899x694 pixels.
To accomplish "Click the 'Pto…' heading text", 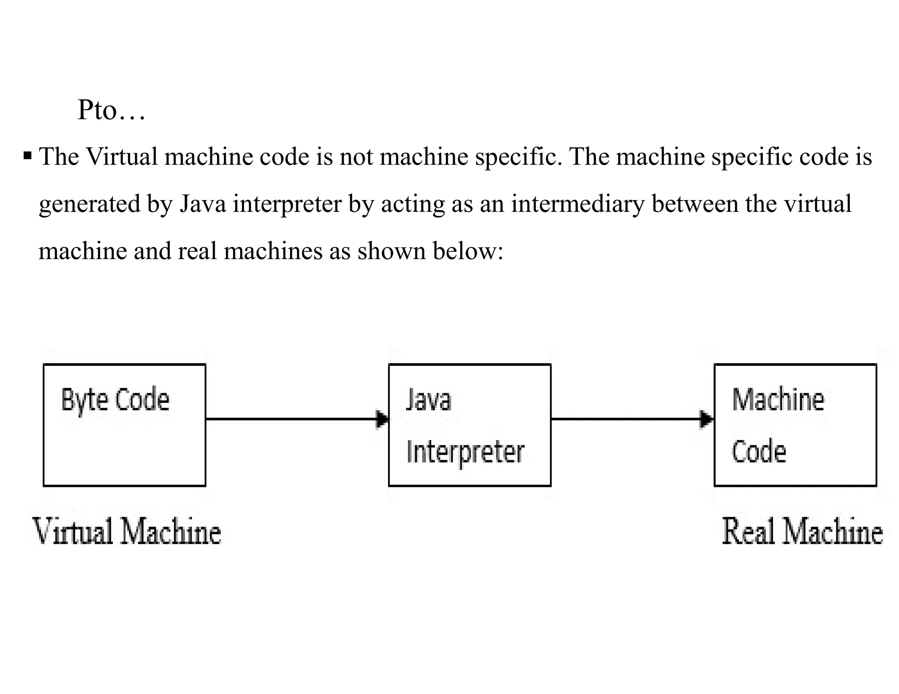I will [x=111, y=110].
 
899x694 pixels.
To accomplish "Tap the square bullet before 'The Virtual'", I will [x=28, y=156].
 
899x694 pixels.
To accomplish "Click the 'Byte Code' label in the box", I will [x=115, y=400].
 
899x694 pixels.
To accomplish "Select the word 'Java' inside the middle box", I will [x=428, y=400].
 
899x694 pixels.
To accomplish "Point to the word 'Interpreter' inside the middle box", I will [x=465, y=452].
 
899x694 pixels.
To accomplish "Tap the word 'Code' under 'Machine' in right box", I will [x=759, y=452].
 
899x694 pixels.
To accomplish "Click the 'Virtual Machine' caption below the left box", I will [x=127, y=531].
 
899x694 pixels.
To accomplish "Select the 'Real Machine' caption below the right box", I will [x=802, y=531].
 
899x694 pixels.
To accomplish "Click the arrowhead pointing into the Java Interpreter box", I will [x=383, y=419].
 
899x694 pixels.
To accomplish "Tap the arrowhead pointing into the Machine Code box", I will [x=706, y=419].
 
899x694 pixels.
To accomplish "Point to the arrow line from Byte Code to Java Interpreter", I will [x=290, y=419].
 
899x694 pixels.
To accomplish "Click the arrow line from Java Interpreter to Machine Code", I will [x=623, y=419].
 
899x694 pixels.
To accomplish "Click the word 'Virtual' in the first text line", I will [x=122, y=157].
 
